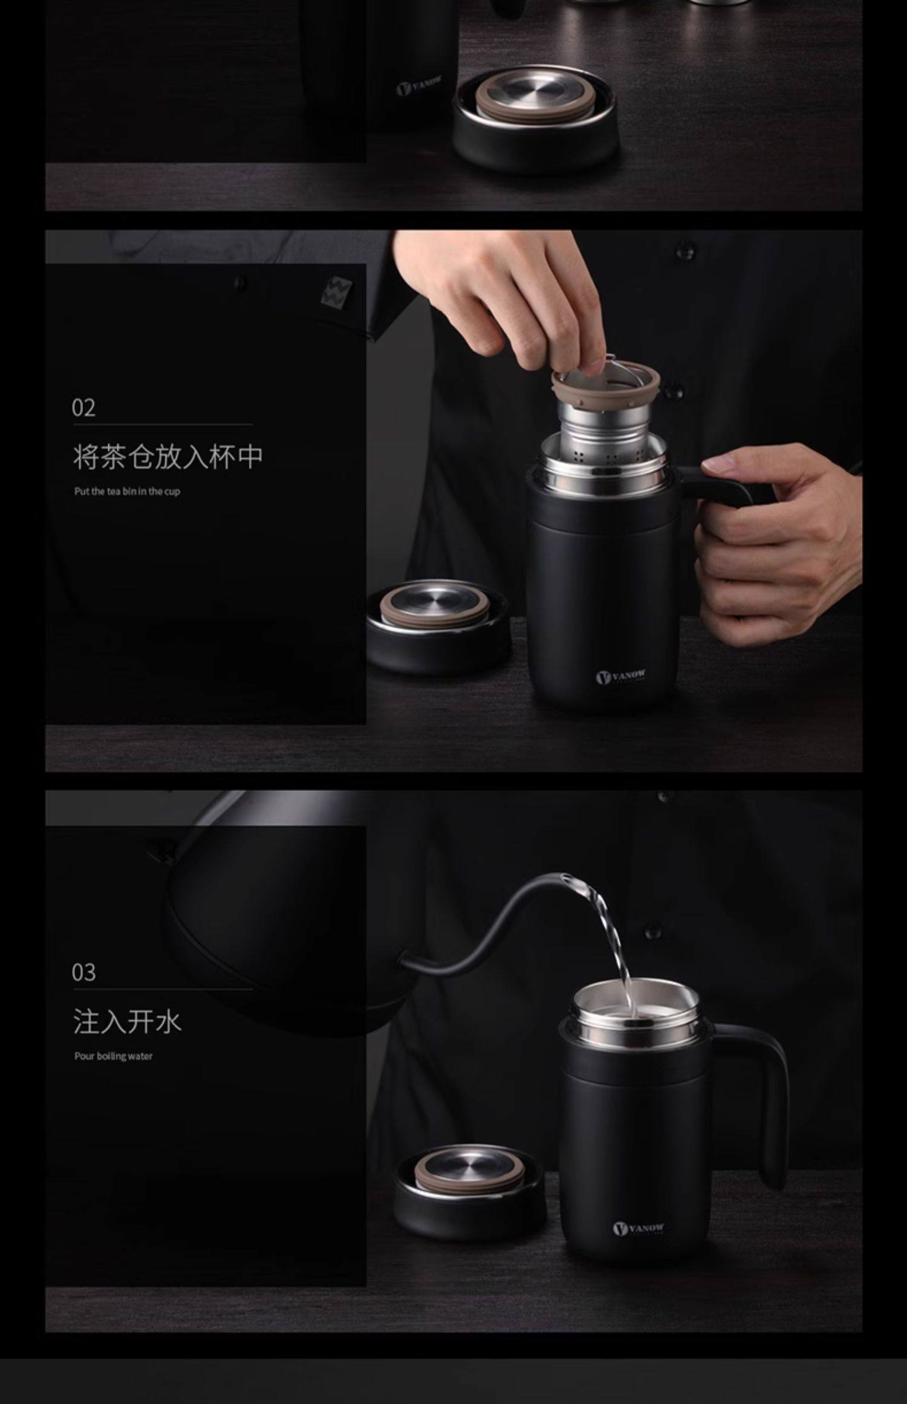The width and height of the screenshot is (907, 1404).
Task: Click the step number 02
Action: [x=83, y=408]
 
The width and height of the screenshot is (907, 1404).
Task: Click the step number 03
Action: [x=83, y=972]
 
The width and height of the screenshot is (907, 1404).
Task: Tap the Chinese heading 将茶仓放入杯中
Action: [x=168, y=457]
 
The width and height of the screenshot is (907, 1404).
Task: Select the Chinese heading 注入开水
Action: [x=127, y=1022]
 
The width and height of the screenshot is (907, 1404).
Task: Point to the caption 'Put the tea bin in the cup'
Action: [x=127, y=492]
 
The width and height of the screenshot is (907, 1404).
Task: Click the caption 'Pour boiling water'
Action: [x=113, y=1056]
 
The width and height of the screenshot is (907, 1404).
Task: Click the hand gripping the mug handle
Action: [x=774, y=544]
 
